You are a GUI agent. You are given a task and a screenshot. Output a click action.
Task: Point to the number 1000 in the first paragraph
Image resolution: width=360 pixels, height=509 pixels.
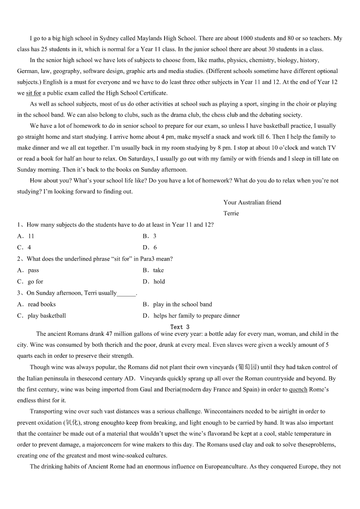click(x=247, y=39)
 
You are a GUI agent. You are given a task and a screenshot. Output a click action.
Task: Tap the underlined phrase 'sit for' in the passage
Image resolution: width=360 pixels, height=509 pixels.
click(x=34, y=93)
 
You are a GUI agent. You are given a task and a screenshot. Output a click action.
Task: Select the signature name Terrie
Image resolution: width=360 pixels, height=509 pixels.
click(x=231, y=213)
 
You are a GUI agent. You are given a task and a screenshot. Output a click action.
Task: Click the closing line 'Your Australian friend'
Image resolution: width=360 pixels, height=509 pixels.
click(x=252, y=203)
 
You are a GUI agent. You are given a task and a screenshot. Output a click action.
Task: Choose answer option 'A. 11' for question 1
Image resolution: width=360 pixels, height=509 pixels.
click(x=26, y=236)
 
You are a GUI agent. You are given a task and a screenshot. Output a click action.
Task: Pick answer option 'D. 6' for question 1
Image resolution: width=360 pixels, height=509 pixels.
click(x=150, y=247)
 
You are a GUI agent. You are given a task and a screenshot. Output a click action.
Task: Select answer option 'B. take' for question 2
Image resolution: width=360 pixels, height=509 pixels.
click(x=154, y=270)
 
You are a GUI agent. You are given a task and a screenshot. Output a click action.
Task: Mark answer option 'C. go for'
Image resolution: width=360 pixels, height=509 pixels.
click(x=30, y=281)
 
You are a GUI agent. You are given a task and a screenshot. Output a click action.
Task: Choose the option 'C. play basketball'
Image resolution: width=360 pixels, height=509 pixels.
click(x=42, y=316)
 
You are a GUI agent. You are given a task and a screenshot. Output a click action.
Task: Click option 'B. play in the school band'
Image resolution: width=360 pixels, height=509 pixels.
click(x=177, y=305)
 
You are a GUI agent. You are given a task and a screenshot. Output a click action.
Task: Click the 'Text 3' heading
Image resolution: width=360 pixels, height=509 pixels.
click(x=180, y=327)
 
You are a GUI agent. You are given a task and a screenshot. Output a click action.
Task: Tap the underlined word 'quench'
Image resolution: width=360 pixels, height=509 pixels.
click(x=298, y=389)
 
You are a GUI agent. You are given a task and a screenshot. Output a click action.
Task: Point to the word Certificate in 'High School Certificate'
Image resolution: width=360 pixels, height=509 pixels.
click(x=151, y=93)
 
